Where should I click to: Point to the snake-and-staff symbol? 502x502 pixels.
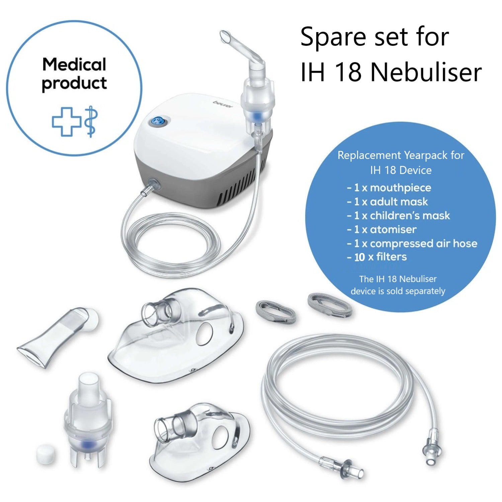tap(90, 121)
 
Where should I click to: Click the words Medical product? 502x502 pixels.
tap(74, 74)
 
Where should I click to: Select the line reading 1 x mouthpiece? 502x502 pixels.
tap(389, 187)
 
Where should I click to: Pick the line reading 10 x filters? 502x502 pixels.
tap(377, 257)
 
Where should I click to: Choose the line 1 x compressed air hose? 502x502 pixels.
tap(412, 243)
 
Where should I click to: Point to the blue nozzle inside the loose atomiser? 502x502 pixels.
tap(88, 444)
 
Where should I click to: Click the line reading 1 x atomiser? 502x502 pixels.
tap(382, 230)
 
